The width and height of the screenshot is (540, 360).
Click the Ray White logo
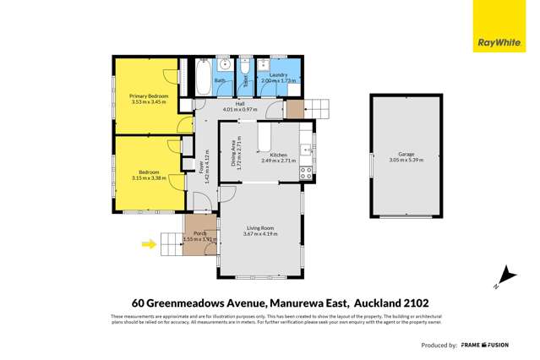pyautogui.click(x=505, y=26)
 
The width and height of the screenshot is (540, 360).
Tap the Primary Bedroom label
pyautogui.click(x=149, y=96)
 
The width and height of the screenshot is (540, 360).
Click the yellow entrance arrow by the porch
pyautogui.click(x=149, y=245)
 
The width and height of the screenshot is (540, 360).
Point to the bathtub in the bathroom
pyautogui.click(x=205, y=78)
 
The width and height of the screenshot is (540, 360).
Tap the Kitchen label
pyautogui.click(x=279, y=155)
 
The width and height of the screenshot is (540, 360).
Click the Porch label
pyautogui.click(x=200, y=233)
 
